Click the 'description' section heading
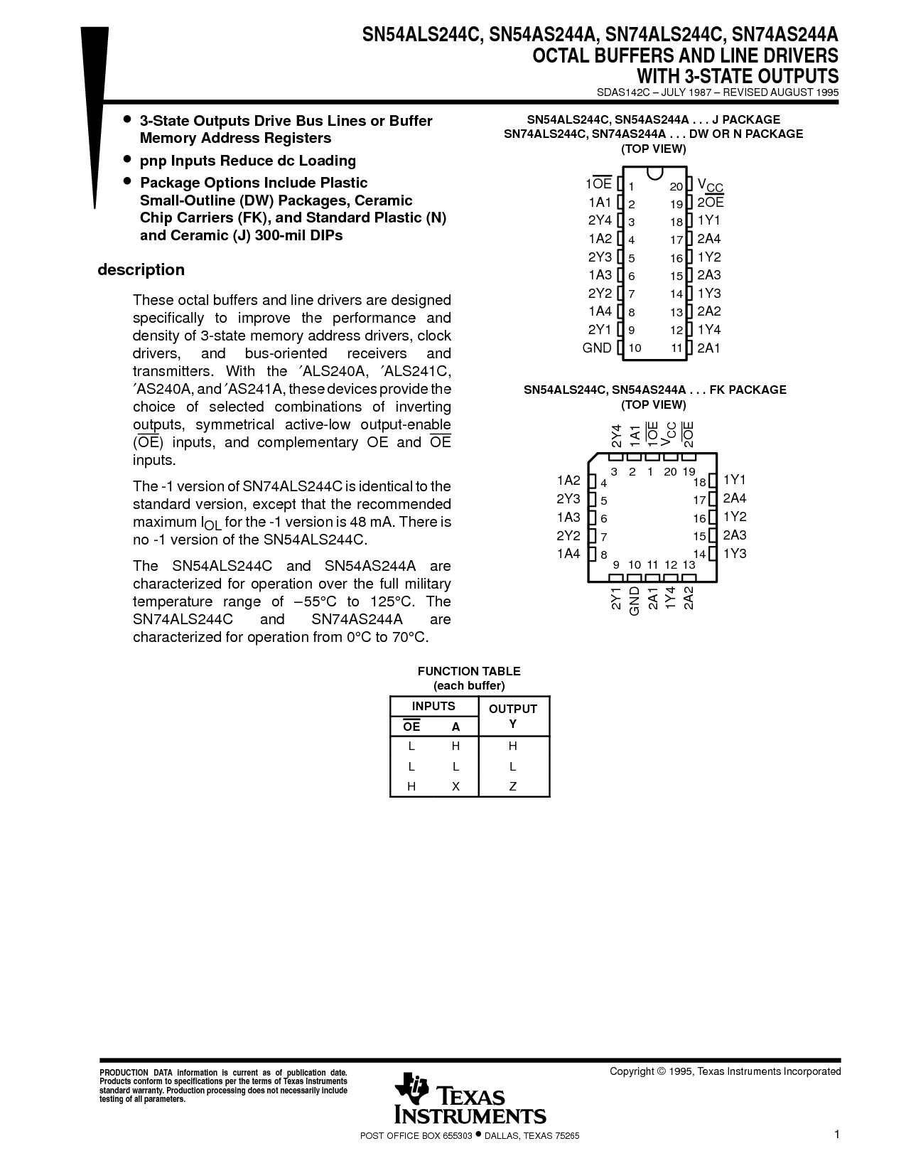click(141, 270)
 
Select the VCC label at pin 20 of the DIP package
click(710, 186)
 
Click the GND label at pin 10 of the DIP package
click(597, 348)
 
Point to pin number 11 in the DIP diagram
click(676, 348)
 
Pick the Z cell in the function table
click(513, 786)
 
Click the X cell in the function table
click(455, 786)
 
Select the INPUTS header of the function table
click(433, 706)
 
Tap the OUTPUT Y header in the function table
click(513, 716)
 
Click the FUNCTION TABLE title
click(469, 671)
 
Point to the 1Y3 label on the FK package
click(735, 554)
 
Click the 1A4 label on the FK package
click(568, 554)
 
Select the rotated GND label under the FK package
click(635, 599)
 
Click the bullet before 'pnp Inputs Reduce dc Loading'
click(128, 159)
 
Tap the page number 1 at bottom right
click(838, 1135)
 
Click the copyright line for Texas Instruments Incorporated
click(725, 1071)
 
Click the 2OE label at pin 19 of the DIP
click(710, 203)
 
